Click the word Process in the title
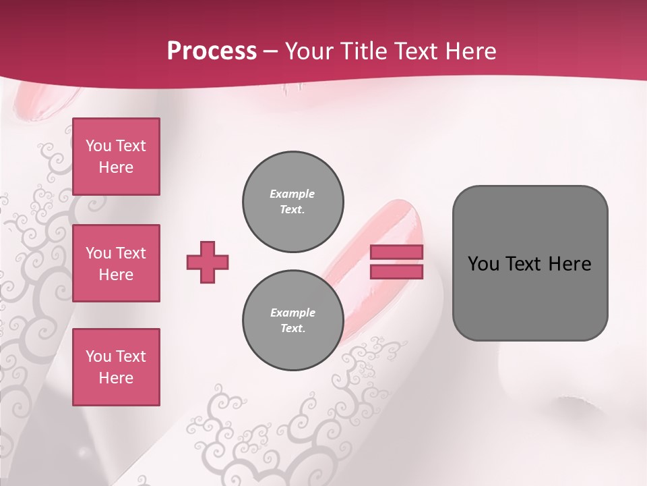(x=212, y=51)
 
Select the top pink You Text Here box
(x=116, y=157)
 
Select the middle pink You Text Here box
(x=116, y=263)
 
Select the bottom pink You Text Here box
(x=116, y=367)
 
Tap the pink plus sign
(x=208, y=262)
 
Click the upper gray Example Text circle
(x=292, y=202)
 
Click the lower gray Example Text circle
(x=292, y=321)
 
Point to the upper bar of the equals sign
(x=397, y=252)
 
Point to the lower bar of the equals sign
(x=397, y=271)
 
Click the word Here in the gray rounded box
(x=569, y=263)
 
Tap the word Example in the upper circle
(x=292, y=194)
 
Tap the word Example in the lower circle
(x=292, y=313)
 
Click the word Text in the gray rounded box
(x=524, y=263)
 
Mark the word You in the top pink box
(x=98, y=146)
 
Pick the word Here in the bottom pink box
(x=116, y=378)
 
